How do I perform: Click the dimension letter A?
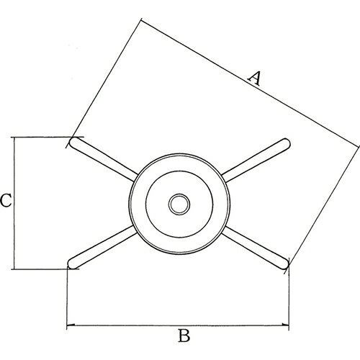coord(254,78)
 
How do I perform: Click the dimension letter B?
coord(184,336)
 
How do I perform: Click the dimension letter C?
coord(6,201)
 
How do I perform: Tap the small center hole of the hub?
coord(179,204)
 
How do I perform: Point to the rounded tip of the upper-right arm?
coord(286,143)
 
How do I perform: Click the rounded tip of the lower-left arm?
coord(73,264)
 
